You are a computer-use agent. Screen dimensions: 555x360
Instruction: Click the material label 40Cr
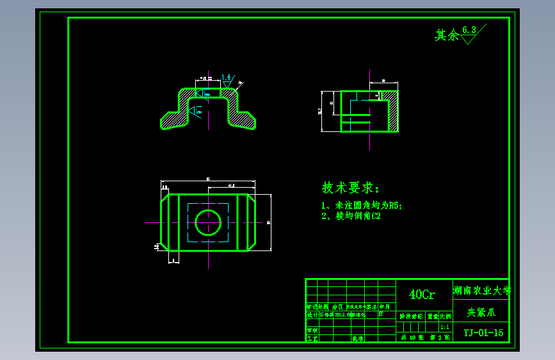(422, 295)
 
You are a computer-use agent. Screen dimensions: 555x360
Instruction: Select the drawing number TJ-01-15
(483, 332)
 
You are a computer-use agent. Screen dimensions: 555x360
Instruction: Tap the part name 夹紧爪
(481, 313)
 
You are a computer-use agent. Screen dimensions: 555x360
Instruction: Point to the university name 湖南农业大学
(481, 290)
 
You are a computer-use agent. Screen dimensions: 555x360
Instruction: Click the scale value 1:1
(445, 326)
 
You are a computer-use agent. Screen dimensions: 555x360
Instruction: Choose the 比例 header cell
(445, 316)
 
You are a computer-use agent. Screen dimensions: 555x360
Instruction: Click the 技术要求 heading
(350, 188)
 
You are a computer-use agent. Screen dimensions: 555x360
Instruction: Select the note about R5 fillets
(362, 206)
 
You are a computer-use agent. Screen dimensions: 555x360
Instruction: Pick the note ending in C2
(351, 217)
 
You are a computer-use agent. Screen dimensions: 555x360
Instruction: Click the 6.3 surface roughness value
(469, 29)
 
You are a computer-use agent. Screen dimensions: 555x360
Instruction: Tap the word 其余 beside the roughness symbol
(447, 35)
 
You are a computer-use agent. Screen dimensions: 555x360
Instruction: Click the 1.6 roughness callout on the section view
(226, 78)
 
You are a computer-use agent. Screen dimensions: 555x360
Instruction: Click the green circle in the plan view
(208, 222)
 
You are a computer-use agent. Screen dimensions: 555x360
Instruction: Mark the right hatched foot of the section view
(243, 119)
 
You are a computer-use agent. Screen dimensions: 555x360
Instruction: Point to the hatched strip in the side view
(392, 110)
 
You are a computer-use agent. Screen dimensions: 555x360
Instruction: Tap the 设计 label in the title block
(312, 315)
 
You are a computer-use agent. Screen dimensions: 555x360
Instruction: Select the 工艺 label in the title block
(312, 337)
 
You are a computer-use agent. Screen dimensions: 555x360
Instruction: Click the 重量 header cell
(433, 316)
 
